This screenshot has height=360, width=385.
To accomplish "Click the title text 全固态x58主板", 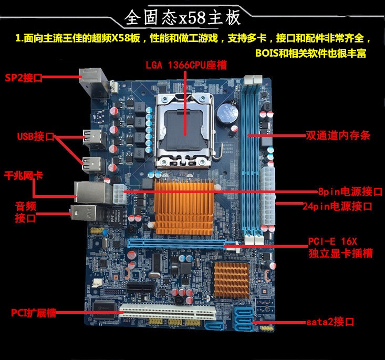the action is click(x=183, y=18).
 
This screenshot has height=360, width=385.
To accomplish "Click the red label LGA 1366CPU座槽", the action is click(x=186, y=65).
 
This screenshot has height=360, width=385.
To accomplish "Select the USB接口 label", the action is click(x=36, y=136).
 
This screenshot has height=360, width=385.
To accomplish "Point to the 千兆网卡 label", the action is click(x=23, y=176).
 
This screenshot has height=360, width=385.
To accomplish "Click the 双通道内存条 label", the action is click(x=338, y=135).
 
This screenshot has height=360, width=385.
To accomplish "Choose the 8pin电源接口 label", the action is click(x=350, y=192).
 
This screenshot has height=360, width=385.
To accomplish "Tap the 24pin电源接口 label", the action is click(x=337, y=206).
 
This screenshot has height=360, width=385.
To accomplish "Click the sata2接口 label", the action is click(x=330, y=322).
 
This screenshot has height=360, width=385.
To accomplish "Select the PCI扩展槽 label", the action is click(x=34, y=313).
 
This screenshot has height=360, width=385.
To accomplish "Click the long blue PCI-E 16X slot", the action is click(x=183, y=243).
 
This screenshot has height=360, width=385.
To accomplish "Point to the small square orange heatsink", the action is click(x=232, y=280).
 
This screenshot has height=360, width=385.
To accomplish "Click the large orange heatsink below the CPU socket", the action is click(x=184, y=207).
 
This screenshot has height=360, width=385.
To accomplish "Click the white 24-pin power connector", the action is click(x=268, y=196).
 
